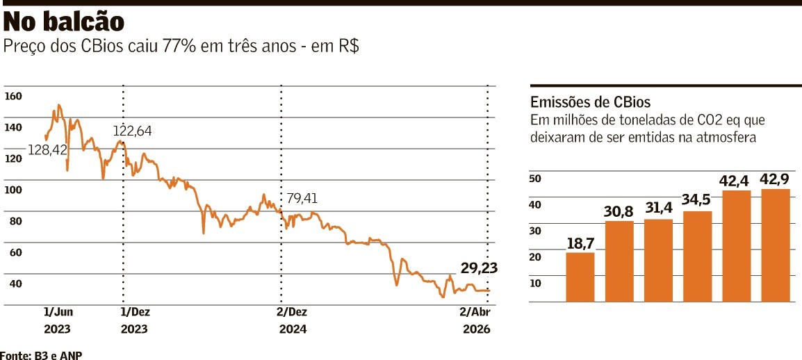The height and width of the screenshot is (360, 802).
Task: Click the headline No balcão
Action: (64, 22)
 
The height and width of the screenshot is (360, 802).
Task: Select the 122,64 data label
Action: (133, 131)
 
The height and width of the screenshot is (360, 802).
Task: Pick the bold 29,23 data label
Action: (479, 268)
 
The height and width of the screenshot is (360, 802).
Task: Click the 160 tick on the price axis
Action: (13, 96)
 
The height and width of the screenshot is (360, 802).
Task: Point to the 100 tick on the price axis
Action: (13, 190)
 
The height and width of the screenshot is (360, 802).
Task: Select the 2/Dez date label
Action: (292, 311)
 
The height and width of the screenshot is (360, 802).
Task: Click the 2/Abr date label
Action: (476, 311)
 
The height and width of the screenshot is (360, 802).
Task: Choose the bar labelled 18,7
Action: (580, 277)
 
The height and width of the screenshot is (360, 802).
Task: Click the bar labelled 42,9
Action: (776, 245)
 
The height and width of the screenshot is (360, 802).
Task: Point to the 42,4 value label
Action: (737, 181)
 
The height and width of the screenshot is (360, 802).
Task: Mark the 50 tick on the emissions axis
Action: (536, 178)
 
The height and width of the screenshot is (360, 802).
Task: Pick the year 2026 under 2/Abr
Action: (477, 329)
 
